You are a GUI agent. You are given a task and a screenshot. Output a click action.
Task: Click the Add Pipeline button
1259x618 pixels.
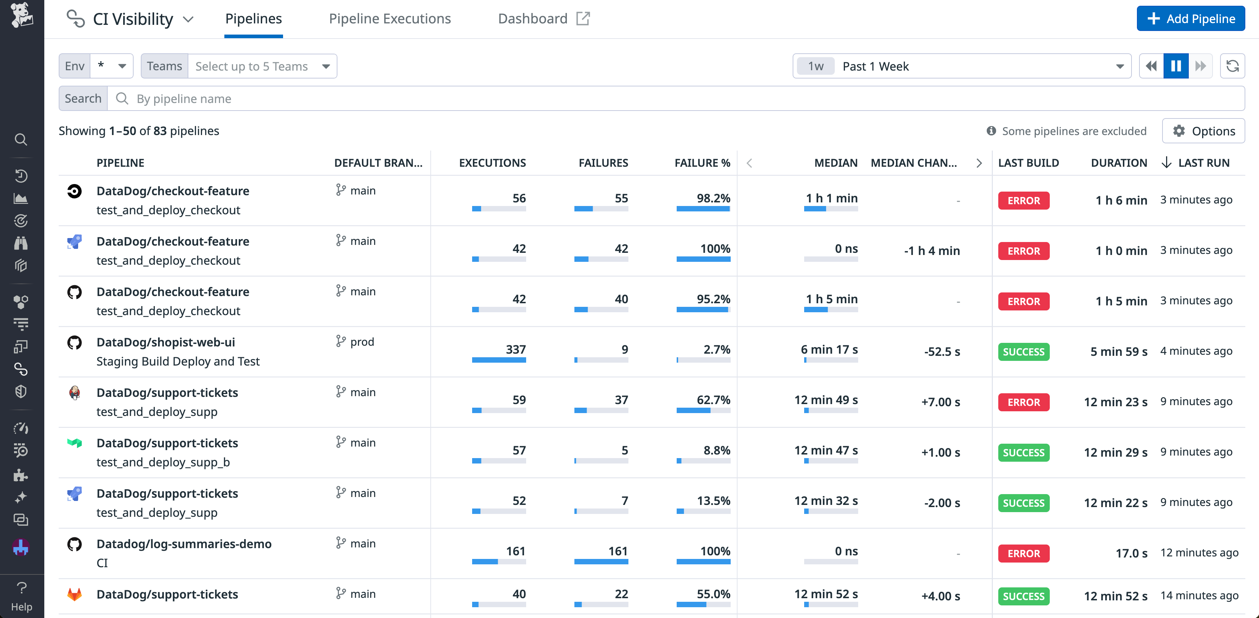point(1190,19)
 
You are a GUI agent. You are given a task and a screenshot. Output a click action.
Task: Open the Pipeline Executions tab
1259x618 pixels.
point(390,19)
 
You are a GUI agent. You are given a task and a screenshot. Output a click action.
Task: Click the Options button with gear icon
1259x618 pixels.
point(1203,131)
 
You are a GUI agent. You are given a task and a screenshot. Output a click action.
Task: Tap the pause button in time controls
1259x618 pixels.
point(1176,66)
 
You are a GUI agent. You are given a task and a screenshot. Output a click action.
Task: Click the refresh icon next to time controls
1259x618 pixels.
point(1232,66)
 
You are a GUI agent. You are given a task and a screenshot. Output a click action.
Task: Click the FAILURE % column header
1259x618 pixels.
point(702,163)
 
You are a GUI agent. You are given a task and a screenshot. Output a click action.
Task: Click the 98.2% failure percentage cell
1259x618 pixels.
point(713,198)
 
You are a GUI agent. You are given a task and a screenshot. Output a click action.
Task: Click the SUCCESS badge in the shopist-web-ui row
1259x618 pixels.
point(1023,351)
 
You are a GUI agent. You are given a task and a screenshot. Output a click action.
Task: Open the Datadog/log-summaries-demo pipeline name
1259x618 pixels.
point(184,544)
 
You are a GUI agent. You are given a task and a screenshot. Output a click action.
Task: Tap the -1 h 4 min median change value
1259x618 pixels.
point(932,251)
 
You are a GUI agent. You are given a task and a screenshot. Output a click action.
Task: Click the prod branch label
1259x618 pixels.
point(362,342)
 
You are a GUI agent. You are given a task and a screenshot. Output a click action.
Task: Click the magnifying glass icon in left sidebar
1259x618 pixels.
point(21,140)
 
